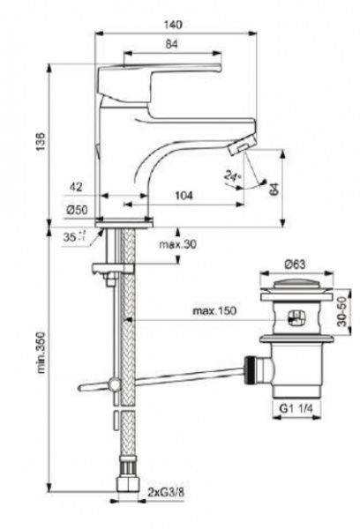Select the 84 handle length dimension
tap(173, 42)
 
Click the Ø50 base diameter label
tap(77, 210)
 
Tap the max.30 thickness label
tap(176, 244)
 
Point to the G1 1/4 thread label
tap(296, 408)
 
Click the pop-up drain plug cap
tap(296, 286)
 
